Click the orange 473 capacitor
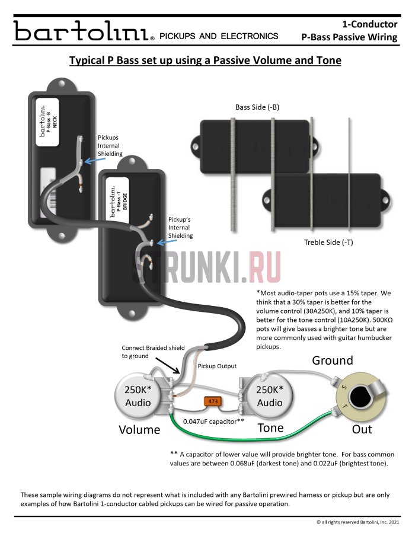tap(212, 401)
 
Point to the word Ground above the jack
tap(333, 360)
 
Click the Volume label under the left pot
tap(140, 429)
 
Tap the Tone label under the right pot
tap(270, 427)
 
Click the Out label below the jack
tap(362, 429)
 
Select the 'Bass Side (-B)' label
tap(257, 107)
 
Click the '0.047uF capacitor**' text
tap(213, 421)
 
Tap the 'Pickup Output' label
tap(217, 366)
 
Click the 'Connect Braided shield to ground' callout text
tap(153, 352)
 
